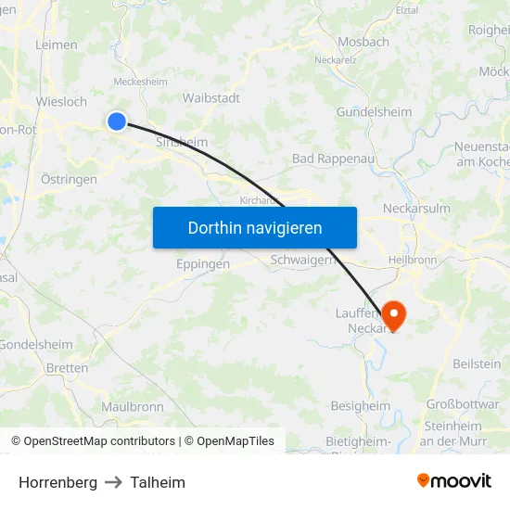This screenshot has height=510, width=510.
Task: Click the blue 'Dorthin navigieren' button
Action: pos(255,227)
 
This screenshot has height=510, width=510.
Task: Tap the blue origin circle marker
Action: pos(117,121)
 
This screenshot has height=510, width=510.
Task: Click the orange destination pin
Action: pos(393,316)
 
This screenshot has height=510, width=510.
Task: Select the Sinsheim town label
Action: pos(182,142)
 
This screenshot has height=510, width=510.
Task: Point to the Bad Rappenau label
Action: pos(331,159)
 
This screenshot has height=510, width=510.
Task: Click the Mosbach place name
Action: pos(363,42)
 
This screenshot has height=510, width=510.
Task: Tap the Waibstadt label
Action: pos(211,97)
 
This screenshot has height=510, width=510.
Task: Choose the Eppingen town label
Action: pos(203,263)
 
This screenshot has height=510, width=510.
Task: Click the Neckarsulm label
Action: pos(416,208)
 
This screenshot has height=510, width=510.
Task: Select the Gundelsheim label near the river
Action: pos(373,111)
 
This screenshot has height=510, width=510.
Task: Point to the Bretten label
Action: pos(67,368)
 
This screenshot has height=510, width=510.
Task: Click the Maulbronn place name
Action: pos(133,406)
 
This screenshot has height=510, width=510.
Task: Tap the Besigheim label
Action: pos(361,405)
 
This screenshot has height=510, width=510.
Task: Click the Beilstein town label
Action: pos(476,363)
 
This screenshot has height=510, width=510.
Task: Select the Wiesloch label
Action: pos(61,101)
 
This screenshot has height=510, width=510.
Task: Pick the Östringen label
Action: pos(69,179)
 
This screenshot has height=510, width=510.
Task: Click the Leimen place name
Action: pos(56,44)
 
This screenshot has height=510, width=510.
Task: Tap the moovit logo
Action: pos(454,481)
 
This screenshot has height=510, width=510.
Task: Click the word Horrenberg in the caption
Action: pos(57,482)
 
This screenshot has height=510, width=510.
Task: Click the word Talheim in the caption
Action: pos(158,482)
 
